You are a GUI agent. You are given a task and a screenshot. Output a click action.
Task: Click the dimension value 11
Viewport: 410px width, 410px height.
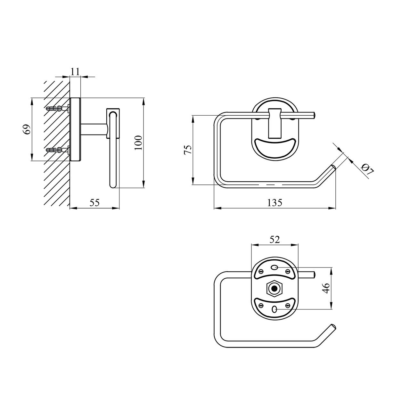click(75, 71)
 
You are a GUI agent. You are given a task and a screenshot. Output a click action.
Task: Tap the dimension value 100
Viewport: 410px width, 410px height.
click(138, 142)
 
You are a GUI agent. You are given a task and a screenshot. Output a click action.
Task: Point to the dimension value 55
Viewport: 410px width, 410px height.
click(94, 202)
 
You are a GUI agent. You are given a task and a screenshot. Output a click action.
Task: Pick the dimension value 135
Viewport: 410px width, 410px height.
click(275, 202)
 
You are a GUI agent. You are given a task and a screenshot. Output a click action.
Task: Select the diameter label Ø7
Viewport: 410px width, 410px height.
click(367, 169)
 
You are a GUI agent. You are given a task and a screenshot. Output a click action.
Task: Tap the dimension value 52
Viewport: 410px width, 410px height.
click(275, 240)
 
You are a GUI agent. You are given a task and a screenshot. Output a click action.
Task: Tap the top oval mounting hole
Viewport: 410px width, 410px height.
click(274, 268)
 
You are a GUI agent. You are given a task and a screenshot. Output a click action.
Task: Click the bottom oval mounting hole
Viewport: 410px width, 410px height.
click(274, 309)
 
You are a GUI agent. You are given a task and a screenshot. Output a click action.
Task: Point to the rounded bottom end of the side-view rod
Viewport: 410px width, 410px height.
click(113, 185)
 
